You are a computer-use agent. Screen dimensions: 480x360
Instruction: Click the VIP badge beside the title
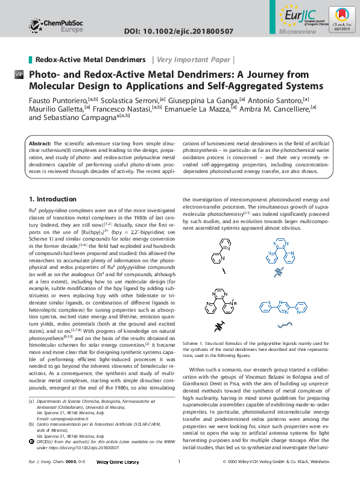(x=19, y=74)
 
